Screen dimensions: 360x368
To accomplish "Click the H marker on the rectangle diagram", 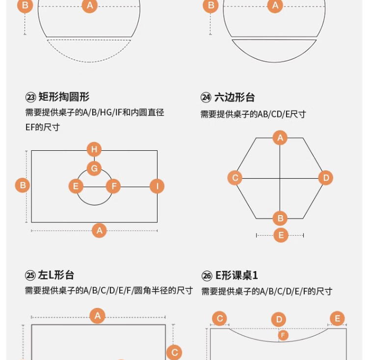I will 94,149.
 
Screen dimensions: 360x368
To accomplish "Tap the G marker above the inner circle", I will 94,168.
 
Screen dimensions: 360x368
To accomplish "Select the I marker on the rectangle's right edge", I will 157,186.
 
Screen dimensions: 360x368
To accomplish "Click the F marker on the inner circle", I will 113,186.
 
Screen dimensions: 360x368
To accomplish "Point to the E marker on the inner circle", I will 76,186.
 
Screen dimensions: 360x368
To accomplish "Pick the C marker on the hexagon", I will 235,177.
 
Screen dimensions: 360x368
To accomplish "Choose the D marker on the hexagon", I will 325,177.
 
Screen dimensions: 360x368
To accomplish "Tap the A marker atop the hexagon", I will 280,138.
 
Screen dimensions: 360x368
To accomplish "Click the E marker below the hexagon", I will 281,235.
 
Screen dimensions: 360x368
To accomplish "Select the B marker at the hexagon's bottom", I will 280,218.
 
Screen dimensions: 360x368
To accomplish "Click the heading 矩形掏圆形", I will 64,97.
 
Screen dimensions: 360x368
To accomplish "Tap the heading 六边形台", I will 235,97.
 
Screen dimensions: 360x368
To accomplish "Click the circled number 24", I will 206,98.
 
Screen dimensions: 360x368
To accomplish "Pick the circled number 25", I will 30,276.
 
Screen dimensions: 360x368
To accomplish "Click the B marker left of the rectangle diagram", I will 23,186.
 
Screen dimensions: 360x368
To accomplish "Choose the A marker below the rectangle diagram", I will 99,230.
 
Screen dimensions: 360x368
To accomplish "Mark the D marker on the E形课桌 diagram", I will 279,320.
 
